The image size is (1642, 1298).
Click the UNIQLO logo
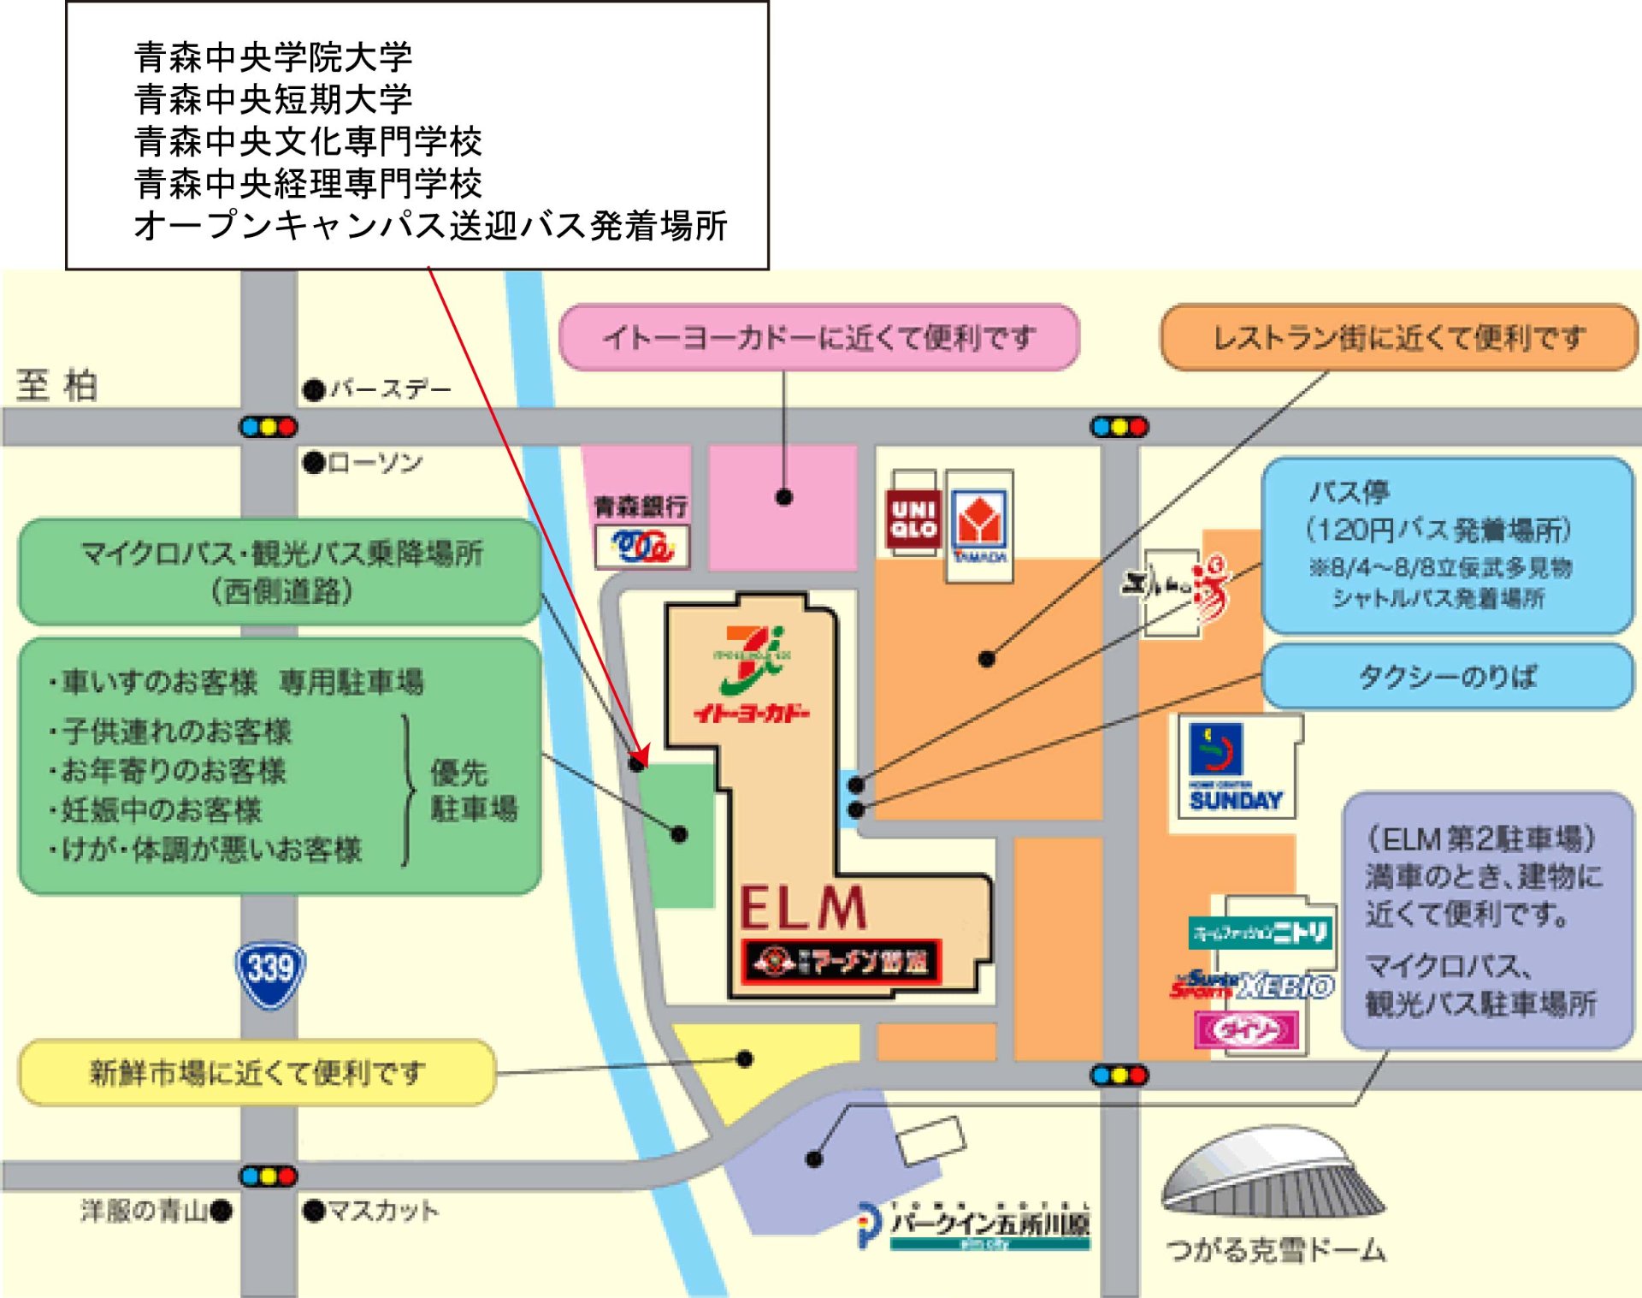(913, 519)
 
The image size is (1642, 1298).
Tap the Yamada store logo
(979, 524)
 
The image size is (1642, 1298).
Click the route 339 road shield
(270, 974)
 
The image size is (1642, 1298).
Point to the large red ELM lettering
(803, 908)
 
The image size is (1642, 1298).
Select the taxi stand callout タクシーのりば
(1447, 678)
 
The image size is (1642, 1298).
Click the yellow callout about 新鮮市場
(257, 1072)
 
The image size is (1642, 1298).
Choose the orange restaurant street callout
(1399, 338)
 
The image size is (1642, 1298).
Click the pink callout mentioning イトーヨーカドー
(818, 338)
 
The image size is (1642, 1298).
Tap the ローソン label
(374, 463)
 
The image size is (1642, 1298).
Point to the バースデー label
(389, 389)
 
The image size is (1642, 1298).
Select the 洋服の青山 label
(145, 1211)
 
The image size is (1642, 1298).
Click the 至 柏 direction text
(56, 385)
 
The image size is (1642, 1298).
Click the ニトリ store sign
(1261, 932)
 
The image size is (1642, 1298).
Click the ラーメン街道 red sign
(842, 963)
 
